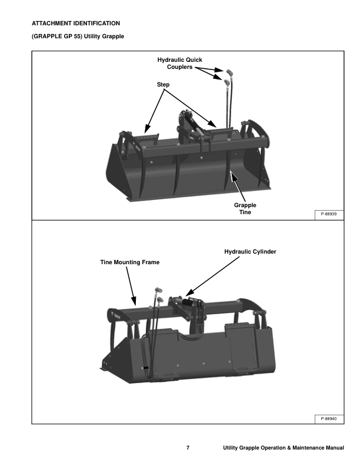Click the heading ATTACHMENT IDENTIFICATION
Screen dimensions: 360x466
76,23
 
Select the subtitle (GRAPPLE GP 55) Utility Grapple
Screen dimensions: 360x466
78,36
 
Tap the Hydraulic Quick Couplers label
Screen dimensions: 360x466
179,64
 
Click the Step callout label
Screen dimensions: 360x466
163,84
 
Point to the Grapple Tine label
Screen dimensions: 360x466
245,209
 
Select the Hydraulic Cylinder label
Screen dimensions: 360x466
250,252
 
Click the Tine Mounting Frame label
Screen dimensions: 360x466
130,262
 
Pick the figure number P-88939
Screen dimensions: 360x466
329,214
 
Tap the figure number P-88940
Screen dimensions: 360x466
329,419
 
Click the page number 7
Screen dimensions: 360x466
188,448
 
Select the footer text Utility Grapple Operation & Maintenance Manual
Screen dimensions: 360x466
284,448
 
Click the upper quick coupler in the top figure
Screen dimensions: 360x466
229,72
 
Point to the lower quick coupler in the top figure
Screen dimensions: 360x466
227,82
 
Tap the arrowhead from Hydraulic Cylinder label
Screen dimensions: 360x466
189,292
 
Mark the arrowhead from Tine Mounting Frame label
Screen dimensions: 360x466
134,301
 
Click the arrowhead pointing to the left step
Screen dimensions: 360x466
146,128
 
